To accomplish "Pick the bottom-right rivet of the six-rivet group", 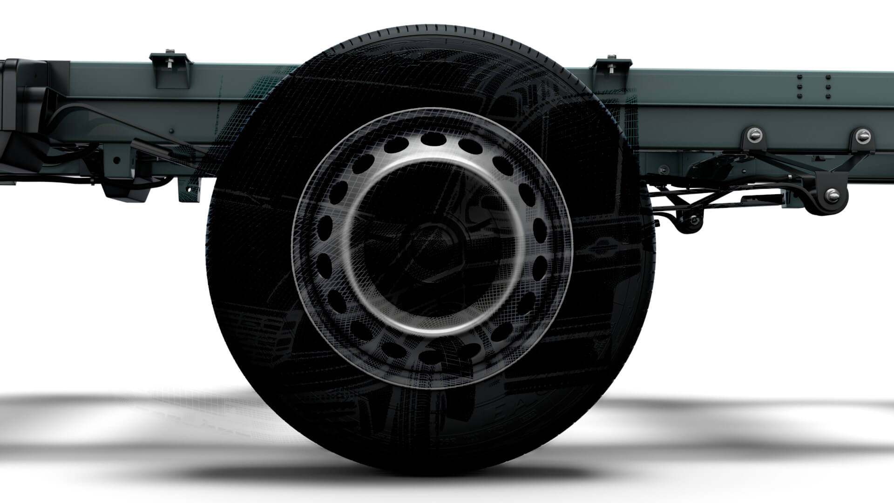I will click(827, 95).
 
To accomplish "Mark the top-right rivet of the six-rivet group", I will click(827, 76).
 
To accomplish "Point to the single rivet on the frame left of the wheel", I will click(172, 131).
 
